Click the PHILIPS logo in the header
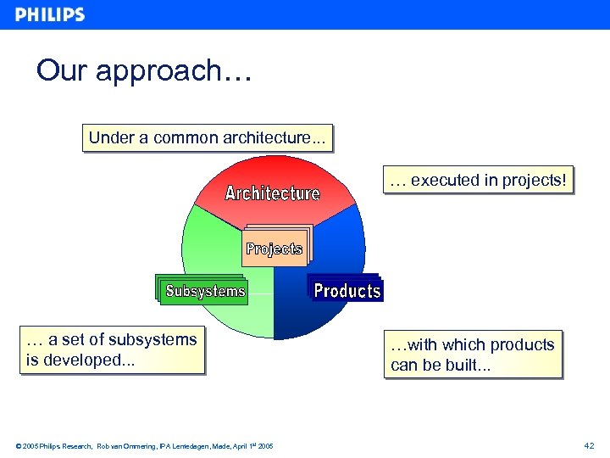tap(50, 14)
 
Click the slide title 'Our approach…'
tap(143, 70)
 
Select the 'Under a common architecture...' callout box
tap(207, 138)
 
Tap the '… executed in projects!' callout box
tap(478, 180)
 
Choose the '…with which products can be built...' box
tap(473, 355)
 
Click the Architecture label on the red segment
tap(272, 193)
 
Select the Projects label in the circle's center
tap(274, 249)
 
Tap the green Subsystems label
tap(205, 291)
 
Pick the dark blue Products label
tap(347, 291)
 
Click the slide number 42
tap(589, 445)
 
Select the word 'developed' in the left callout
tap(76, 360)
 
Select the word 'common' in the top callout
tap(185, 138)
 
